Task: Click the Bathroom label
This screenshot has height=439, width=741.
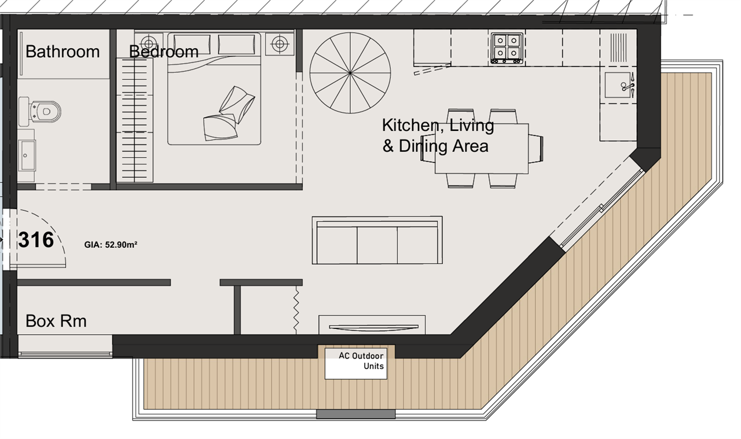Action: coord(63,52)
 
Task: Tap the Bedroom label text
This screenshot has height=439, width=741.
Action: coord(164,52)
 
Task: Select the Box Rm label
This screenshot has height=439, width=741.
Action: coord(56,321)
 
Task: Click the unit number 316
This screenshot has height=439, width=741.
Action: coord(36,240)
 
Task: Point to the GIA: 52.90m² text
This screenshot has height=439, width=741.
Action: coord(111,244)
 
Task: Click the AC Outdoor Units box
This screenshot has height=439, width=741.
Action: coord(356,364)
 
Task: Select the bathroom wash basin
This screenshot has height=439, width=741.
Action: coord(27,155)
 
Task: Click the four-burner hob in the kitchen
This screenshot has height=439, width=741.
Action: coord(507,48)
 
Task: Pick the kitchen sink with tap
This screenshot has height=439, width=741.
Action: coord(619,85)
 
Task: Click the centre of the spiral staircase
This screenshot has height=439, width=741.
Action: coord(350,73)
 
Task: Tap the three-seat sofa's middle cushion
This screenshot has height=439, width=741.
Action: coord(377,244)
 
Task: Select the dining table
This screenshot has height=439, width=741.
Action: coord(482,149)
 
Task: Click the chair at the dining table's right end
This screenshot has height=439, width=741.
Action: coord(536,149)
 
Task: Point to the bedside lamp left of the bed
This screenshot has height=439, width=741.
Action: coord(149,43)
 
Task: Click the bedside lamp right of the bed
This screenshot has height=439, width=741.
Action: coord(280,43)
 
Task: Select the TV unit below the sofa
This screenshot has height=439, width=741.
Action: coord(372,325)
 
